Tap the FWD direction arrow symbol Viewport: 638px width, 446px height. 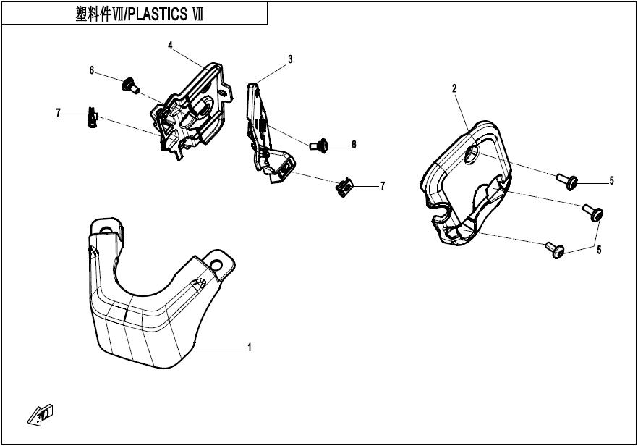coord(41,415)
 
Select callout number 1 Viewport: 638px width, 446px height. coord(250,348)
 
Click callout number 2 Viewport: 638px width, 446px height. coord(454,88)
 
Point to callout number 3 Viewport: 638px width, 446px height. coord(290,59)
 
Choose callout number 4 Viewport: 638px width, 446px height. coord(171,45)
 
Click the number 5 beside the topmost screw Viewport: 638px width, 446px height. coord(611,180)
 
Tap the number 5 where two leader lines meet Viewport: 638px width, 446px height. coord(599,250)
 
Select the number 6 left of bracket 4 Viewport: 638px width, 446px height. coord(92,71)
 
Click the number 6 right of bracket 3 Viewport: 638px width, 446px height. coord(354,145)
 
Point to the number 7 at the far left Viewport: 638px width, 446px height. coord(58,113)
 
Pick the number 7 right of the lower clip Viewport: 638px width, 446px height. coord(383,186)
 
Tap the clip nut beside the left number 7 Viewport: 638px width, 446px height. coord(93,117)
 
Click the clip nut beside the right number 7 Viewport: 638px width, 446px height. coord(344,188)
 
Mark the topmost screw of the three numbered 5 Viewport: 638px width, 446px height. coord(567,181)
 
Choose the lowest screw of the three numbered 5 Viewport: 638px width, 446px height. coord(555,249)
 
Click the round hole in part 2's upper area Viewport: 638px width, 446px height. coord(472,154)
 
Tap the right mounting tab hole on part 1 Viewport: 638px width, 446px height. coord(216,266)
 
